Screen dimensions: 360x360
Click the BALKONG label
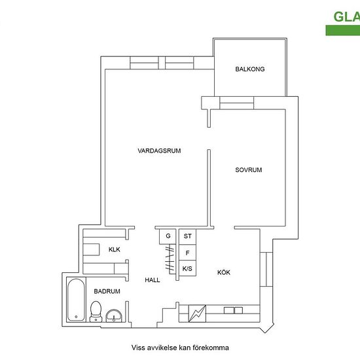pos(250,69)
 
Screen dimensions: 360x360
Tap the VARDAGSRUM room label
pos(159,151)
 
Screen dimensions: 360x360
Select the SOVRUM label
pos(249,170)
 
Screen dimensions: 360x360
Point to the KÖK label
pos(224,272)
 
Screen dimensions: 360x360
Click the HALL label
pos(153,280)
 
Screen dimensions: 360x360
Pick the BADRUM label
pos(107,291)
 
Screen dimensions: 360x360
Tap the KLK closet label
pos(115,249)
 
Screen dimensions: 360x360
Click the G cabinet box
pos(168,236)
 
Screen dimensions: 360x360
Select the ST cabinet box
pos(188,236)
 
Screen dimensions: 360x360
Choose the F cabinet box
pos(188,253)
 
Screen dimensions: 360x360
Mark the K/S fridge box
pos(188,268)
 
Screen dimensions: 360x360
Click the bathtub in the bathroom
pos(76,300)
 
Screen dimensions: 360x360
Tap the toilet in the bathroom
pos(96,312)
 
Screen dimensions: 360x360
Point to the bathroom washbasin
pos(114,315)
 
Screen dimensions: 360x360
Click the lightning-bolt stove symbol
pos(197,314)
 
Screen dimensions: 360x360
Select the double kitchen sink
pos(233,310)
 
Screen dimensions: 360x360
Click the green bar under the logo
pos(343,30)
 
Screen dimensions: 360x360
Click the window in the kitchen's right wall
pos(266,269)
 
